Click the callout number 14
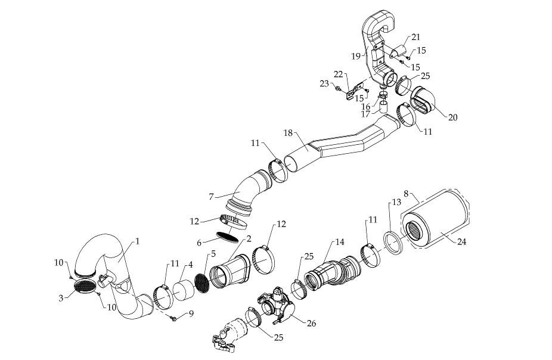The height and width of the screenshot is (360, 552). point(340,243)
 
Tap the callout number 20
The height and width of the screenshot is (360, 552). point(452,117)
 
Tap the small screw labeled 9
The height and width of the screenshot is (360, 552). point(173,319)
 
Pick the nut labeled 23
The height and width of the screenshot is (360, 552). point(338,90)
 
